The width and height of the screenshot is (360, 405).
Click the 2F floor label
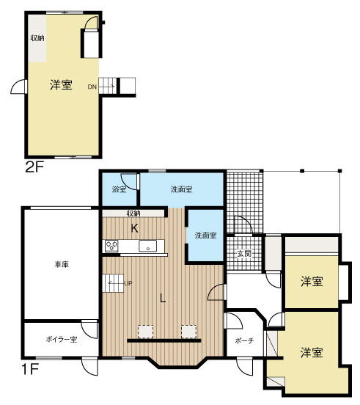[x=34, y=167]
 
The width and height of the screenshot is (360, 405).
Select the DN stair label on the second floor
[x=92, y=87]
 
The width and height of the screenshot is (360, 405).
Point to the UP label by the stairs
[x=128, y=284]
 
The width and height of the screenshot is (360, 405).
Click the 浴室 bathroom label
[x=118, y=190]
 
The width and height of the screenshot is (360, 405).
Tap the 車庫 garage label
[x=61, y=264]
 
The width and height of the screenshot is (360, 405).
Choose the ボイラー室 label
[x=62, y=340]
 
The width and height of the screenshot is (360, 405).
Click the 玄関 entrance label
[x=243, y=254]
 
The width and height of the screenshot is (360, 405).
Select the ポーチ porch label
[x=244, y=342]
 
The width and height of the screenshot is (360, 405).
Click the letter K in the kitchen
[x=134, y=228]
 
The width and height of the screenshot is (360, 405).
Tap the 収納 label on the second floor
[x=37, y=38]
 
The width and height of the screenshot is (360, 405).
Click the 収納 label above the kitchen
[x=133, y=214]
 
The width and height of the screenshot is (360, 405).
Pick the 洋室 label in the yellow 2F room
[x=61, y=85]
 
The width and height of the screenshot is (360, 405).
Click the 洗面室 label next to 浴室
[x=181, y=189]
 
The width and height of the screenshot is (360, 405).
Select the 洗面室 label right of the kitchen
[x=205, y=236]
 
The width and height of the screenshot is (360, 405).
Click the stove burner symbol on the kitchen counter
[x=112, y=246]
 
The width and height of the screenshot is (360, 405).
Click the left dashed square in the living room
[x=144, y=331]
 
